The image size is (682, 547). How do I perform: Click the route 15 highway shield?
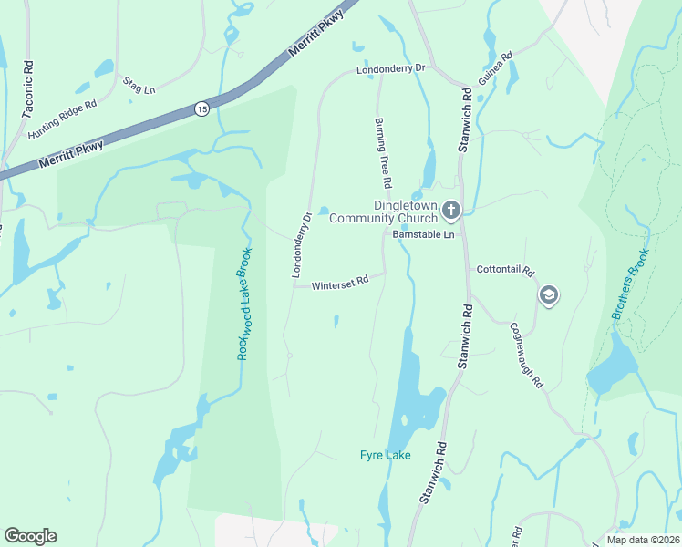pyautogui.click(x=201, y=109)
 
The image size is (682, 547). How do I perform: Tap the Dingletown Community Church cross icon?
pyautogui.click(x=450, y=212)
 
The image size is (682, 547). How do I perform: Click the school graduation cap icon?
pyautogui.click(x=549, y=294)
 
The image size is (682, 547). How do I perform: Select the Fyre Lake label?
pyautogui.click(x=385, y=455)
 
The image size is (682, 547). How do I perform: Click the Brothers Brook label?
pyautogui.click(x=631, y=284)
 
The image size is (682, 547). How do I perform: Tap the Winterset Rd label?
pyautogui.click(x=339, y=284)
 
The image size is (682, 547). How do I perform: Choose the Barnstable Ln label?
pyautogui.click(x=423, y=234)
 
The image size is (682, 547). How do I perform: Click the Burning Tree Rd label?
pyautogui.click(x=383, y=153)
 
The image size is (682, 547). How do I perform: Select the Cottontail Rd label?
pyautogui.click(x=504, y=271)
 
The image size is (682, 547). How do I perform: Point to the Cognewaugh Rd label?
pyautogui.click(x=526, y=355)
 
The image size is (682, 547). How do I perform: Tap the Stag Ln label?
pyautogui.click(x=139, y=88)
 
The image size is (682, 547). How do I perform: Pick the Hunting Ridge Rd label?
pyautogui.click(x=62, y=119)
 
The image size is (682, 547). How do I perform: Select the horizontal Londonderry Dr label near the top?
pyautogui.click(x=391, y=68)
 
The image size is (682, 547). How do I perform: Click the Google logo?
pyautogui.click(x=30, y=536)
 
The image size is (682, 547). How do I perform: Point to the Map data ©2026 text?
pyautogui.click(x=642, y=540)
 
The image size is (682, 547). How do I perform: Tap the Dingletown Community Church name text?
pyautogui.click(x=383, y=212)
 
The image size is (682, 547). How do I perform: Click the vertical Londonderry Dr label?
pyautogui.click(x=301, y=244)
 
